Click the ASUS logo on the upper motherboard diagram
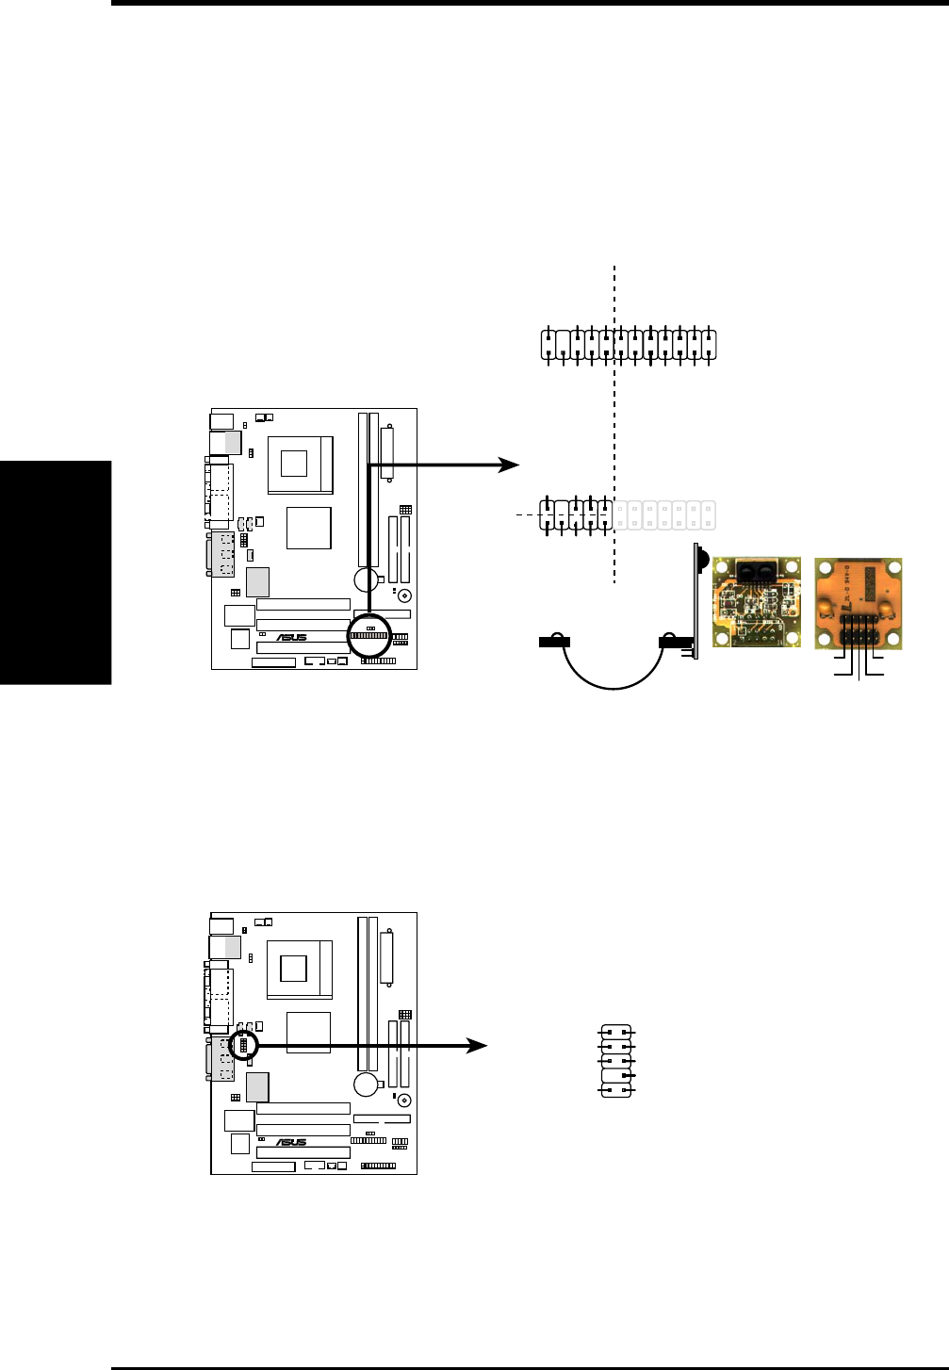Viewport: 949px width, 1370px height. (x=291, y=637)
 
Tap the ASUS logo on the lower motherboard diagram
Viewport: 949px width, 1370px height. (x=291, y=1142)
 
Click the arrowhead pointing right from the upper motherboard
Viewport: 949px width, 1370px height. (x=509, y=465)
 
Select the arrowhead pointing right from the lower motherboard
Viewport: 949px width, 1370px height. (x=477, y=1045)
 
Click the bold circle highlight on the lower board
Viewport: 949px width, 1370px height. (x=243, y=1045)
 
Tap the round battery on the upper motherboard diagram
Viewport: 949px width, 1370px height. (x=367, y=579)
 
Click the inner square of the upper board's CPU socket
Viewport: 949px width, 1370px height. (x=294, y=464)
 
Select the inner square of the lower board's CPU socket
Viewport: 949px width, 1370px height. (x=294, y=968)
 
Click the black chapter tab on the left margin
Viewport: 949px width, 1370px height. (x=55, y=573)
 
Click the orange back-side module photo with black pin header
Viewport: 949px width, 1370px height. (x=858, y=603)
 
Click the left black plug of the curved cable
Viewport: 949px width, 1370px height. (x=553, y=642)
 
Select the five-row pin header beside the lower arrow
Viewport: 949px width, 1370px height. (x=616, y=1061)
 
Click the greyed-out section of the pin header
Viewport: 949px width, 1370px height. (x=665, y=515)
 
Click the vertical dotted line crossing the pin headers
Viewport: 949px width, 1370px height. (x=614, y=424)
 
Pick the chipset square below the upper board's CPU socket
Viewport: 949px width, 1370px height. (x=309, y=528)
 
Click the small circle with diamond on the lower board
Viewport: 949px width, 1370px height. (x=404, y=1101)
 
